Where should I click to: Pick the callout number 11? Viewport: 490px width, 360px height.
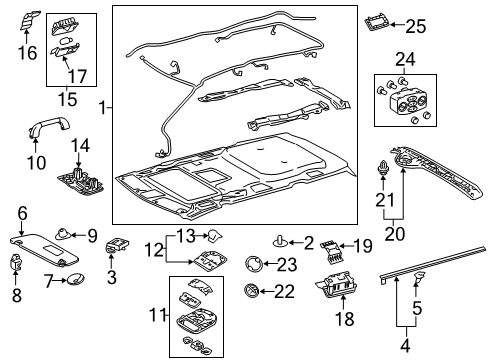coord(154,317)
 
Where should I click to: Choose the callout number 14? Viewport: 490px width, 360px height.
coord(81,146)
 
